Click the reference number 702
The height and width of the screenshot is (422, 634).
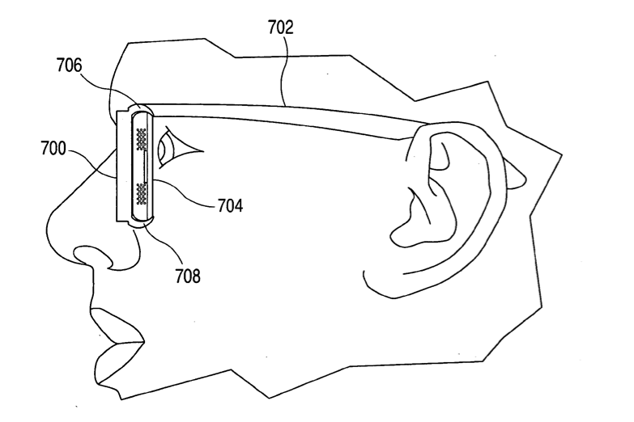tap(281, 27)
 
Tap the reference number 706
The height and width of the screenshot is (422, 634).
tap(69, 65)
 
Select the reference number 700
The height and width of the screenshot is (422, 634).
tap(53, 149)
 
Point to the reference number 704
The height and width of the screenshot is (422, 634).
tap(230, 205)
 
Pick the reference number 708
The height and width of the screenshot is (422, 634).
tap(188, 276)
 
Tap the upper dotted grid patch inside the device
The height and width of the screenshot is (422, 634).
tap(141, 139)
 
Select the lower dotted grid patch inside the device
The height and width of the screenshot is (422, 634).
tap(141, 193)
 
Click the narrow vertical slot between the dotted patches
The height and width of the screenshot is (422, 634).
tap(145, 167)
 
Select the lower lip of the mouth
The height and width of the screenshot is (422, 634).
tap(117, 363)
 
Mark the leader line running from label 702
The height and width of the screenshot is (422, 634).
tap(283, 70)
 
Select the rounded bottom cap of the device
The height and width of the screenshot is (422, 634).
tap(143, 222)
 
